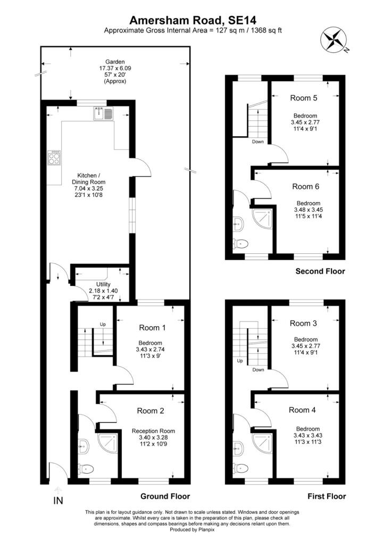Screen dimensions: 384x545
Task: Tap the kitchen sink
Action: pyautogui.click(x=103, y=114)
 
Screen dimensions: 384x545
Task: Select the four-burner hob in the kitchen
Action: pyautogui.click(x=54, y=158)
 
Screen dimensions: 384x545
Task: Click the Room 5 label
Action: pyautogui.click(x=304, y=98)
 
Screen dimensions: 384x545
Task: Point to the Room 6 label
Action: pyautogui.click(x=305, y=187)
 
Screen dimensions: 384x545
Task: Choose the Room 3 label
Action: pyautogui.click(x=303, y=324)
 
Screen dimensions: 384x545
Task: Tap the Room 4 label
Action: pyautogui.click(x=302, y=410)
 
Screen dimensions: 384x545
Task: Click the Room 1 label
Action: pyautogui.click(x=152, y=328)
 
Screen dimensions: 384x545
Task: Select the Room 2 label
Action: pyautogui.click(x=151, y=411)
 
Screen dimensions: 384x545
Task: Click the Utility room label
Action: pyautogui.click(x=103, y=284)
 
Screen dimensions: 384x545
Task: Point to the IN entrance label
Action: pyautogui.click(x=58, y=501)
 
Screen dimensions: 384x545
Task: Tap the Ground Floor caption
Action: pyautogui.click(x=165, y=497)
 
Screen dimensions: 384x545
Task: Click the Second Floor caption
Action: pyautogui.click(x=320, y=271)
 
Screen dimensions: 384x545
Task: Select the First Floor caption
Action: pyautogui.click(x=327, y=497)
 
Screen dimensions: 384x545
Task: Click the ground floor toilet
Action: pyautogui.click(x=86, y=470)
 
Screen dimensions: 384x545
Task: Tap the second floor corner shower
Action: pyautogui.click(x=262, y=218)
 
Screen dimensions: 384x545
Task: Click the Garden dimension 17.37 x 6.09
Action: pyautogui.click(x=115, y=69)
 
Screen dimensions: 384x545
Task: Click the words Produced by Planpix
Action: pyautogui.click(x=192, y=530)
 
